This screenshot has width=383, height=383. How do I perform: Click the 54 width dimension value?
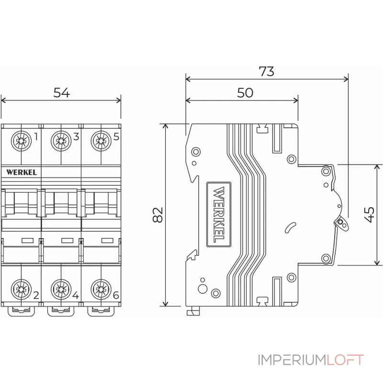click(x=61, y=93)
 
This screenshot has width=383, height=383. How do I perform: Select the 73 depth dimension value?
click(x=266, y=71)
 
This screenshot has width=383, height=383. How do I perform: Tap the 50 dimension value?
click(x=245, y=93)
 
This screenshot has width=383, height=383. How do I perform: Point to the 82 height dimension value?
click(x=158, y=215)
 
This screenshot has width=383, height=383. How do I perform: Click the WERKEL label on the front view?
click(x=22, y=172)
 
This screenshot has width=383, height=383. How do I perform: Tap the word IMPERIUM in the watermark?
click(x=292, y=360)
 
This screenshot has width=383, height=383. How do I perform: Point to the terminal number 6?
click(x=115, y=294)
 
